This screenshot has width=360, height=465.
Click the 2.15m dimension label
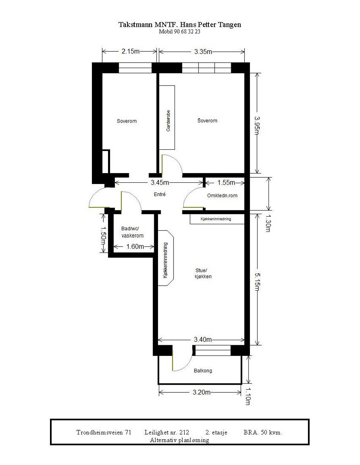[x=130, y=52]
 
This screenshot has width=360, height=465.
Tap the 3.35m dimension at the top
[x=203, y=52]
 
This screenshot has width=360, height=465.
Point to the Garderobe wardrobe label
[x=168, y=121]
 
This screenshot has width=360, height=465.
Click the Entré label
[x=159, y=195]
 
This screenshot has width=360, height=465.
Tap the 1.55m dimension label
[x=226, y=183]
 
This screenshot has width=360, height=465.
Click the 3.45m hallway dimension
[x=160, y=183]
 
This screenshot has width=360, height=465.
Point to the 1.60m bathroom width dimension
[x=135, y=247]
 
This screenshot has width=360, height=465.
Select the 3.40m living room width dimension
[x=203, y=339]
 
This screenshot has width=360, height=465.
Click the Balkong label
[x=203, y=371]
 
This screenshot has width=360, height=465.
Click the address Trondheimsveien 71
[x=104, y=432]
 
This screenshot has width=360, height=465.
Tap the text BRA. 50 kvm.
[x=263, y=432]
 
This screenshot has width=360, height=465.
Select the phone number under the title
[x=180, y=32]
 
